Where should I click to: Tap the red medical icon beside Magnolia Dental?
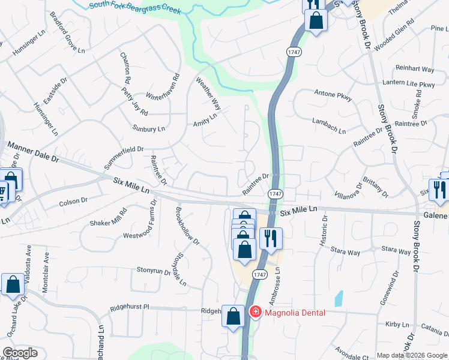point(255,312)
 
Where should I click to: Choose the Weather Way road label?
point(208,93)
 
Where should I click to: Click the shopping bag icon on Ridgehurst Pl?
point(233,315)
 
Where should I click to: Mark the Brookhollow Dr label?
point(186,226)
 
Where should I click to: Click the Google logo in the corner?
point(20,353)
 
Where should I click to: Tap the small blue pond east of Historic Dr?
point(339,298)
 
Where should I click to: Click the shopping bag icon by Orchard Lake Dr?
point(13,285)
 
